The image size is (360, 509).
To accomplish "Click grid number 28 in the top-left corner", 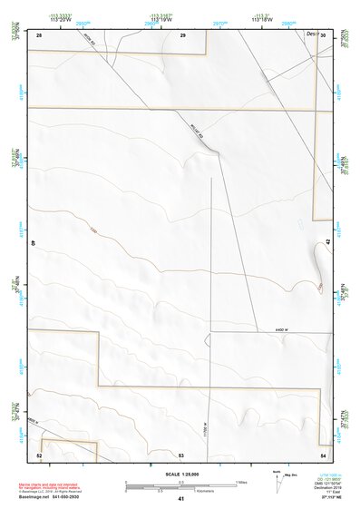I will click(x=40, y=35).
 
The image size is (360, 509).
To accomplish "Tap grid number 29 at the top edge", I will click(x=182, y=35).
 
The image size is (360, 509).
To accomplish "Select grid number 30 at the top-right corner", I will click(x=323, y=35).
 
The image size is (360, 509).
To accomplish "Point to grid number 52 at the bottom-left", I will click(x=40, y=454).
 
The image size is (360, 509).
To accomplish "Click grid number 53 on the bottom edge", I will click(x=181, y=454).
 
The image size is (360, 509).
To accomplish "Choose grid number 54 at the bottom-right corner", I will click(x=323, y=454).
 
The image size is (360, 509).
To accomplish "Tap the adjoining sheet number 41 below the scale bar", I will click(x=181, y=499).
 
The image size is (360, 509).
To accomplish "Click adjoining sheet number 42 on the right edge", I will click(x=327, y=241).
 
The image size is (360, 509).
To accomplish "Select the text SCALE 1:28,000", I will click(x=180, y=474).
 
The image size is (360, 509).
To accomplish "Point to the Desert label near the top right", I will click(x=310, y=34).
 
